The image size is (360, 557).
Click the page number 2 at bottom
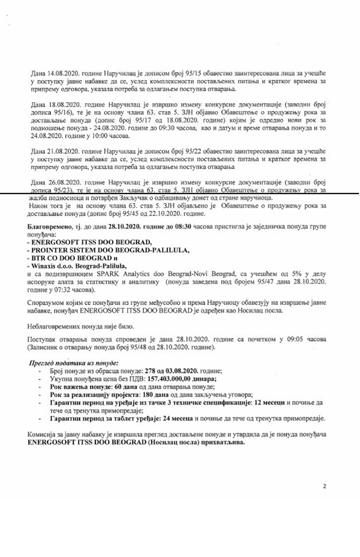324,486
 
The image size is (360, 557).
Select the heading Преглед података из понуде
74,363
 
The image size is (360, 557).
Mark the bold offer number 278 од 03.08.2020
171,371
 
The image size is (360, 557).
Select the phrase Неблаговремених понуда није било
81,326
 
